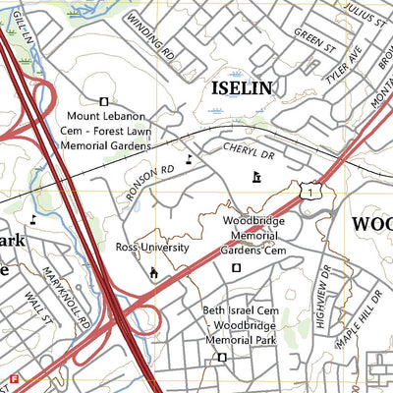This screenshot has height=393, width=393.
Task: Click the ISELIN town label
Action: point(241,88)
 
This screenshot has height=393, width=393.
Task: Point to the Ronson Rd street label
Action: point(149,183)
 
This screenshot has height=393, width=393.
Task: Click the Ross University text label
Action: point(152,248)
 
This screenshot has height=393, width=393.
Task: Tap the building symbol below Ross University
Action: point(152,272)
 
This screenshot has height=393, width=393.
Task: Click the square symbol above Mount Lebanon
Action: point(104,99)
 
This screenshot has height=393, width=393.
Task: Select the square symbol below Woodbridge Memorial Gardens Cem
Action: point(235,267)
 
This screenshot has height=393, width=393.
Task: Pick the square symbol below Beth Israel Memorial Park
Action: point(221,357)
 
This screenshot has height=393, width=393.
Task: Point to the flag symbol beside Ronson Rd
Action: point(190,158)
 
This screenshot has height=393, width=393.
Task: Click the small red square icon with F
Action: point(14,378)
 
